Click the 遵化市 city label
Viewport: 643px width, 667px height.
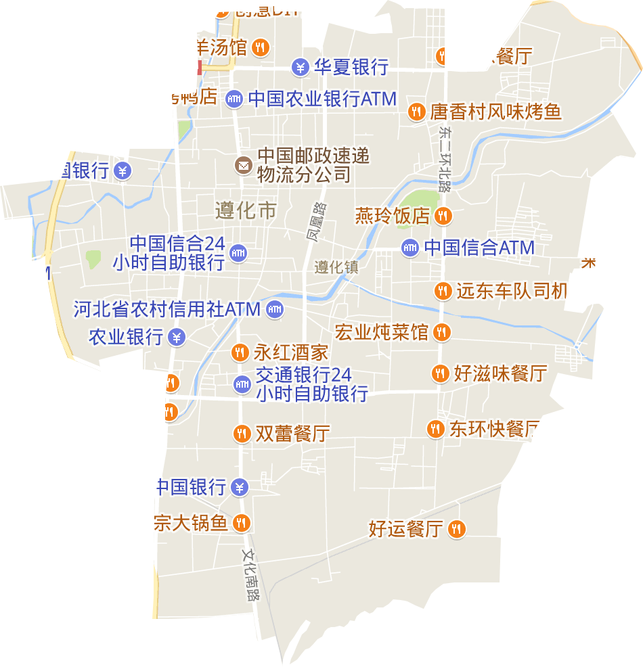(246, 210)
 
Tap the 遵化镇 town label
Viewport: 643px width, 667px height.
(336, 267)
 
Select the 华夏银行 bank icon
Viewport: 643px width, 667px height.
(301, 68)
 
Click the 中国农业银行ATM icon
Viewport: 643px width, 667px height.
(234, 99)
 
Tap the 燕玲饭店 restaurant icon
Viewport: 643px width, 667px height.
(443, 216)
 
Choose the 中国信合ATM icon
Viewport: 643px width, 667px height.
(409, 248)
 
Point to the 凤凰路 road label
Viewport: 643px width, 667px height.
(315, 221)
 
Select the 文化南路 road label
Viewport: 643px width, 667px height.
(251, 574)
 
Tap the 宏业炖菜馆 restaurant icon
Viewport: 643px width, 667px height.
(442, 332)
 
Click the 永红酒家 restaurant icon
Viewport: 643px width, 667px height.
(240, 352)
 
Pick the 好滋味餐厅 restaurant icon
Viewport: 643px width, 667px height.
(441, 373)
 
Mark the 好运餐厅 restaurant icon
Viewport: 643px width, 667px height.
(458, 528)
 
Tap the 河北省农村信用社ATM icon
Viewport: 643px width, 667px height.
(274, 310)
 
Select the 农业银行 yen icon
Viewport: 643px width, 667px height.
(177, 336)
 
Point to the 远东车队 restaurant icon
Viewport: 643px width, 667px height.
(443, 291)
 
